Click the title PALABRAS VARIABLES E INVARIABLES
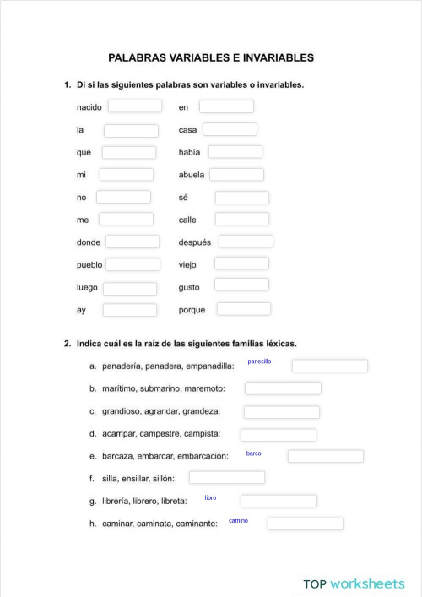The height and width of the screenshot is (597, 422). (211, 58)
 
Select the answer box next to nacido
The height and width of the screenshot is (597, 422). (134, 106)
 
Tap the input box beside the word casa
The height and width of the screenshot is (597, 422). (230, 130)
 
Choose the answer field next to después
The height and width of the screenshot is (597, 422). (246, 242)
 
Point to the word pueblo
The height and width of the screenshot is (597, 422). (89, 264)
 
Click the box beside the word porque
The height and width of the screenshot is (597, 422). (243, 309)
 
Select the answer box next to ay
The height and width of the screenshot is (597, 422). (130, 310)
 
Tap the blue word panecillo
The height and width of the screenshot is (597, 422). (259, 361)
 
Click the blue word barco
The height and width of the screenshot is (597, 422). (253, 453)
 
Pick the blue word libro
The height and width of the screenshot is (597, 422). (210, 498)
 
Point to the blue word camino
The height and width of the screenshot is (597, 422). (238, 521)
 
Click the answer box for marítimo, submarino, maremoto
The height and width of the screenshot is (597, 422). (283, 388)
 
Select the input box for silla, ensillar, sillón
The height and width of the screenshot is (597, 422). (226, 478)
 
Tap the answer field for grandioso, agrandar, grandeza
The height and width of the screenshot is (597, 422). (281, 412)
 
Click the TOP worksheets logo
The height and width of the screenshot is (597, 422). (354, 583)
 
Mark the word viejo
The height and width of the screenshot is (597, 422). (187, 264)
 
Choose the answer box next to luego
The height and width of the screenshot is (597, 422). (130, 288)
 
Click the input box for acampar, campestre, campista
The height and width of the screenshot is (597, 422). (278, 435)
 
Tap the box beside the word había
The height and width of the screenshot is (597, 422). (235, 152)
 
